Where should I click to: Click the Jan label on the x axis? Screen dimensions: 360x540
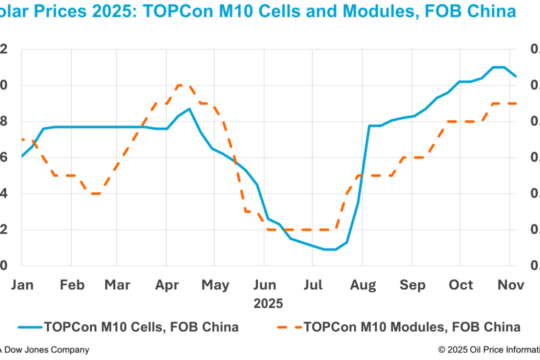point(22,285)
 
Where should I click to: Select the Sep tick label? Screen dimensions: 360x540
point(412,285)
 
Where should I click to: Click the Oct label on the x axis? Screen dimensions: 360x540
point(461,285)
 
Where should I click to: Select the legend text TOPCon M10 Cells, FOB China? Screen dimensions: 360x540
point(141,327)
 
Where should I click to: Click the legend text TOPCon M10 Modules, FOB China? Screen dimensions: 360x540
point(412,327)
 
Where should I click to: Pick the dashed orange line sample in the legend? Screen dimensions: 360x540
point(288,327)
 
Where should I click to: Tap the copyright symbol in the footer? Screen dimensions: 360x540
point(441,350)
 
